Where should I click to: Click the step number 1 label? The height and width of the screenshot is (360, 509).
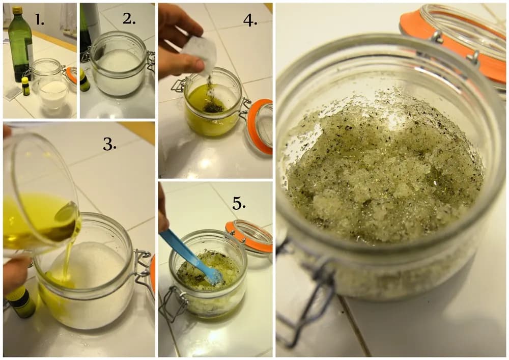click(40, 20)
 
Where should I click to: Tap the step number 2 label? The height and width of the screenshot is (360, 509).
click(129, 19)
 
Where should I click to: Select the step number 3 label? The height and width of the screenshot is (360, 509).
click(110, 144)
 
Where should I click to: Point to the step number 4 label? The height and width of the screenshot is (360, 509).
click(250, 20)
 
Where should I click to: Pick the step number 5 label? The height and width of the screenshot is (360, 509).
click(239, 204)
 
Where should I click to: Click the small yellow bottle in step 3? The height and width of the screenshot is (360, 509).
click(20, 304)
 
